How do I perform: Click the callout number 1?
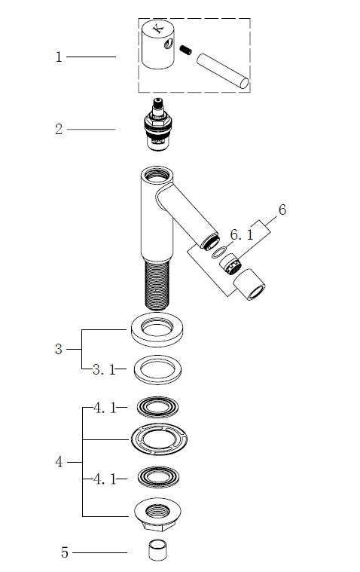59,57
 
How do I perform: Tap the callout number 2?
59,129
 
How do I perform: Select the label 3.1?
104,369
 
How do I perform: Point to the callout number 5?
65,552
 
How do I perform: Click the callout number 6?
282,210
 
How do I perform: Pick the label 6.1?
242,234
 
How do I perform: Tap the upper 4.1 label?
105,408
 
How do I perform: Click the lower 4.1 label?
105,479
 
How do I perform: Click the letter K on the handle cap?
158,29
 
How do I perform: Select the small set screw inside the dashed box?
185,50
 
